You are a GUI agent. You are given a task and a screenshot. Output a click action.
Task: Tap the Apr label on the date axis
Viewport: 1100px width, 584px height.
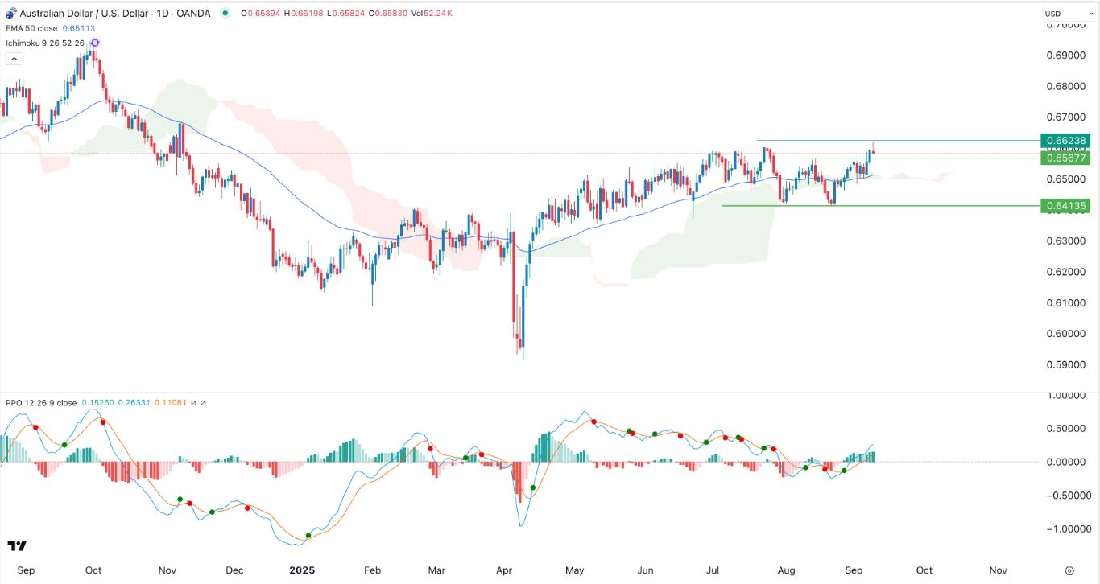coord(504,570)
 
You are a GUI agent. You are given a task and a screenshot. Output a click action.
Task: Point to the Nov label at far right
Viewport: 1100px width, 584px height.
coord(998,570)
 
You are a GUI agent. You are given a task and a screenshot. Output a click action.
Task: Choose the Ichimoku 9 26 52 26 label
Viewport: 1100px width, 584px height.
coord(45,43)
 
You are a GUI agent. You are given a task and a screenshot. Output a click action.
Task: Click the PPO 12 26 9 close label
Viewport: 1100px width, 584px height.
coord(41,401)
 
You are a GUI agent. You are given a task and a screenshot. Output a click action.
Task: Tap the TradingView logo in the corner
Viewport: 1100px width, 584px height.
coord(17,546)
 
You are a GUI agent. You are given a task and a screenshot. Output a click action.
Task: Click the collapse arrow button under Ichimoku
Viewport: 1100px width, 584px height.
coord(14,59)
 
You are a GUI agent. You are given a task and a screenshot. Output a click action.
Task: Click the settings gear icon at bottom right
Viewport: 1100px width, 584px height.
coord(1069,570)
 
